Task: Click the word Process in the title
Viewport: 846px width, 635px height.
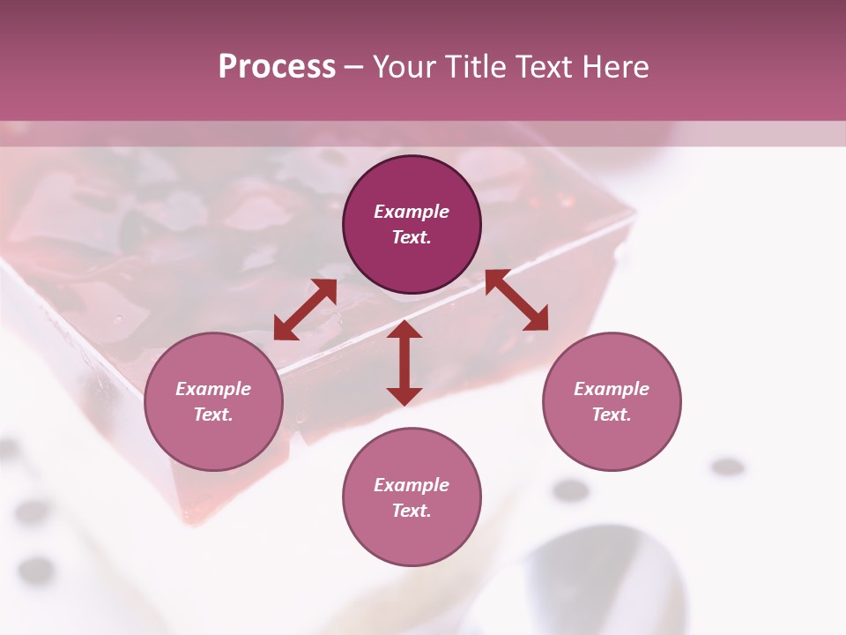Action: click(x=277, y=67)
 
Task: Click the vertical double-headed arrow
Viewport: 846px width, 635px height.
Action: click(x=404, y=362)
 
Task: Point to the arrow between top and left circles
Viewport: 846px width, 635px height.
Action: click(x=305, y=310)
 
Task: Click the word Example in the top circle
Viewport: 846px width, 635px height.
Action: click(x=412, y=212)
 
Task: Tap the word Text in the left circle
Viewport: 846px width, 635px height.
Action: click(x=213, y=415)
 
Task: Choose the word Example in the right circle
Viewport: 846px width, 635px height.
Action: click(x=612, y=389)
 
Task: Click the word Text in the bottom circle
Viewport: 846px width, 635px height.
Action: click(x=412, y=511)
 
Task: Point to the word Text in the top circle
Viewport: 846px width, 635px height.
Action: click(x=412, y=237)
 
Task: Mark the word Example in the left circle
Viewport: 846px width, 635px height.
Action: click(x=213, y=389)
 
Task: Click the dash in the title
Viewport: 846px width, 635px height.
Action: click(x=354, y=67)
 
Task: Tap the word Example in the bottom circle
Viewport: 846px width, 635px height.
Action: click(x=412, y=485)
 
